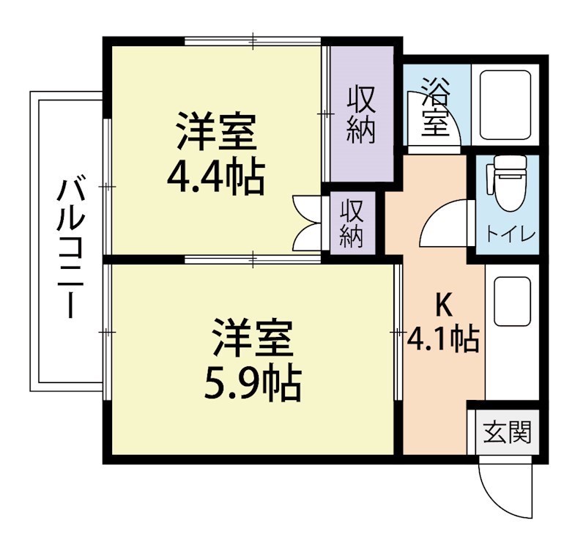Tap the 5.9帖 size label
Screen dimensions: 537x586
pyautogui.click(x=253, y=382)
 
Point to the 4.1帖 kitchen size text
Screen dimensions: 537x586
pyautogui.click(x=443, y=338)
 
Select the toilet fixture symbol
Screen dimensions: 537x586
pyautogui.click(x=506, y=184)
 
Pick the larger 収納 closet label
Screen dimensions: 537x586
pyautogui.click(x=361, y=114)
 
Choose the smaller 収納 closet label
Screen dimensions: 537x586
pyautogui.click(x=352, y=223)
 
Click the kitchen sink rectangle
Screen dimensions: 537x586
pyautogui.click(x=512, y=302)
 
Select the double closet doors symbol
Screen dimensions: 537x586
pyautogui.click(x=306, y=223)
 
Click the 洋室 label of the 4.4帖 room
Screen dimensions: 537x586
pyautogui.click(x=215, y=132)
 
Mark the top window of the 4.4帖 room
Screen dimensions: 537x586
pyautogui.click(x=253, y=40)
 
